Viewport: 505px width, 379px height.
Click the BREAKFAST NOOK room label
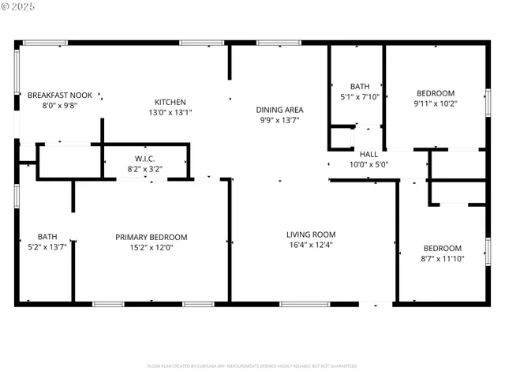pos(59,95)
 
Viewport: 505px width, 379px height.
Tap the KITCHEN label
pos(170,102)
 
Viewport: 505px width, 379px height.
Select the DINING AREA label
pos(279,110)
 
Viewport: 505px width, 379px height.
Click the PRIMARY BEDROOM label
pos(151,237)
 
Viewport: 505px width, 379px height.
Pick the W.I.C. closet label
pos(144,158)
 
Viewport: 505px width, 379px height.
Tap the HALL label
pos(368,154)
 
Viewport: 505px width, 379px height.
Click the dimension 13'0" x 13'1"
pos(170,112)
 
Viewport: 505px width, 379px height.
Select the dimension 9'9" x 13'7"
pos(279,120)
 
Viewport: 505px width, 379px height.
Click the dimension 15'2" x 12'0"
pos(151,247)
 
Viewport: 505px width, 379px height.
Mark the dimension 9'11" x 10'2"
pos(435,103)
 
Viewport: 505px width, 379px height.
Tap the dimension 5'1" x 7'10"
pos(360,97)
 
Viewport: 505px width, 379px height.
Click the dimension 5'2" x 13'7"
pos(47,247)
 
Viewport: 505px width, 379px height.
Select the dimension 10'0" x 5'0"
pos(368,164)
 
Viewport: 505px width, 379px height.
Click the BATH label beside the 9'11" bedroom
pos(360,87)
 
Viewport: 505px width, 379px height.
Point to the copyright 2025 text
pos(20,6)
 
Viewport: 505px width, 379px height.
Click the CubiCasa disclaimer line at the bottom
pos(252,366)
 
